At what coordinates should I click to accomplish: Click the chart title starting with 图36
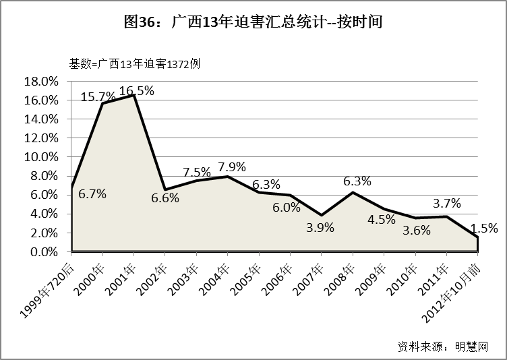[253, 22]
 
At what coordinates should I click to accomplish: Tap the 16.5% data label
[137, 90]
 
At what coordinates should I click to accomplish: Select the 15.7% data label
[98, 97]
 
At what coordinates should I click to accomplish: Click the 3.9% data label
[320, 227]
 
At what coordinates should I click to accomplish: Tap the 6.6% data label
[165, 198]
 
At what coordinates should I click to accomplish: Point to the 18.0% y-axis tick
[40, 82]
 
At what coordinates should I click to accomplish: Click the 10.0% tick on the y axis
[40, 157]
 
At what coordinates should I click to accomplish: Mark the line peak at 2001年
[133, 95]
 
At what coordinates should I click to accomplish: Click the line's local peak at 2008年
[353, 192]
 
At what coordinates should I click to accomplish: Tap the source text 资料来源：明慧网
[442, 346]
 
